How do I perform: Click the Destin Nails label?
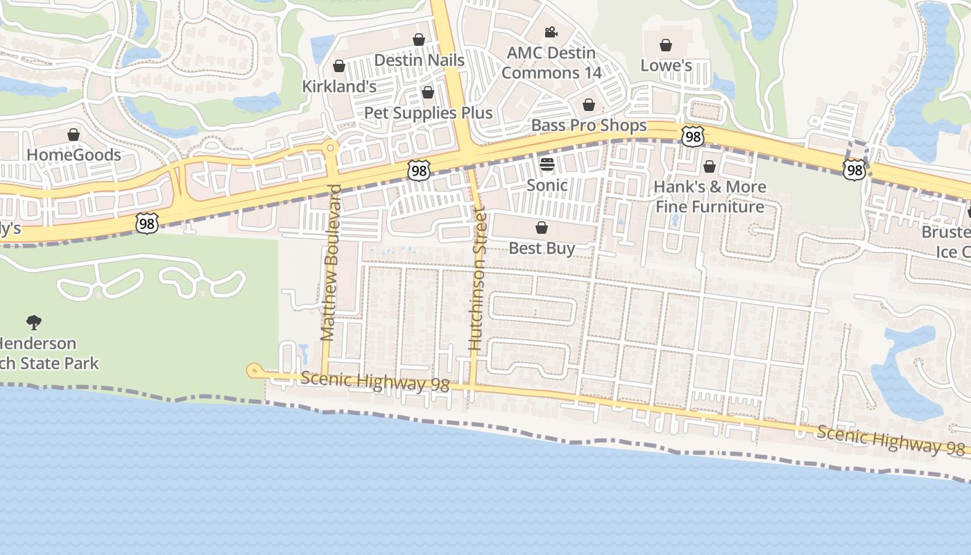(419, 60)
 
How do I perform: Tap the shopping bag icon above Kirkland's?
(339, 66)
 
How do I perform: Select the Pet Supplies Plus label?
(428, 113)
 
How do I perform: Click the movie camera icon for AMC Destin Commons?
(551, 33)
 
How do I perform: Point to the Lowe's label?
(666, 66)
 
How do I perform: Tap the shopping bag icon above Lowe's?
(666, 45)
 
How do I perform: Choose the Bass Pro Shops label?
(589, 126)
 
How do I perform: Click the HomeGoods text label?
(74, 155)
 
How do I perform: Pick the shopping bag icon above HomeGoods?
(74, 135)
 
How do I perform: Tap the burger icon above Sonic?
(547, 164)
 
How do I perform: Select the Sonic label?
(547, 185)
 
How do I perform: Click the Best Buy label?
(542, 248)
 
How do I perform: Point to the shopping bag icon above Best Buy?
(542, 228)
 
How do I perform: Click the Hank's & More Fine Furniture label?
(710, 196)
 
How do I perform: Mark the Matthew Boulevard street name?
(330, 262)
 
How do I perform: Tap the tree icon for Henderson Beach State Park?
(33, 322)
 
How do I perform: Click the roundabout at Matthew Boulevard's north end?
(331, 147)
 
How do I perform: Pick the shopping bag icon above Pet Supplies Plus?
(428, 92)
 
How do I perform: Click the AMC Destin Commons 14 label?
(551, 62)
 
